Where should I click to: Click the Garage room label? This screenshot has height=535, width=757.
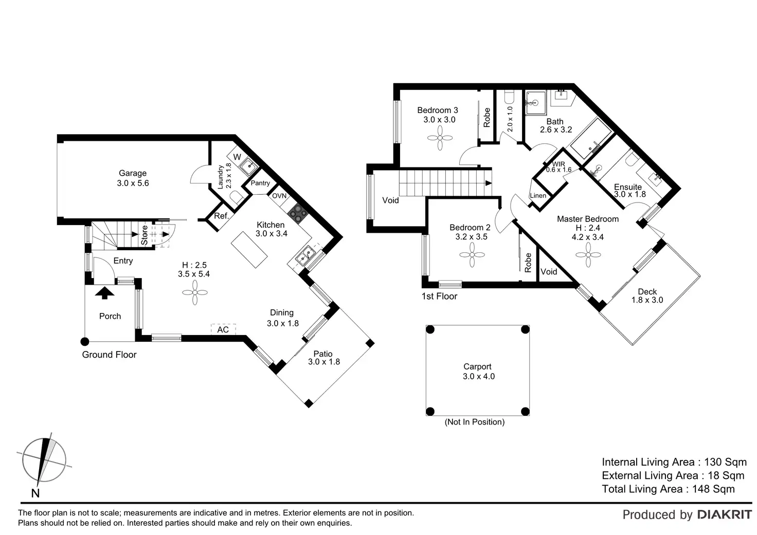(133, 173)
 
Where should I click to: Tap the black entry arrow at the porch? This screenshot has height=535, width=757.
(105, 293)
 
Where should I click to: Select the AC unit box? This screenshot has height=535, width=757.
(223, 329)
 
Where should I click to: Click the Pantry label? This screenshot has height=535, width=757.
(260, 183)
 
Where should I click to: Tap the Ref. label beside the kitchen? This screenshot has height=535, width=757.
(221, 216)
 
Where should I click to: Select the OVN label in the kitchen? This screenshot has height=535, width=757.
(279, 196)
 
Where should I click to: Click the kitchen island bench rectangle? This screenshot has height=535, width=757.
(249, 250)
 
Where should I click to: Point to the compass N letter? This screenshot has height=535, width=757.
(35, 493)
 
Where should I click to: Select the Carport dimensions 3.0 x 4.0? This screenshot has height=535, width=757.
(478, 376)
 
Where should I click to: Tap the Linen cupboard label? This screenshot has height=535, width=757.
(538, 196)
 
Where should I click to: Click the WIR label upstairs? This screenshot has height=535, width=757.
(558, 164)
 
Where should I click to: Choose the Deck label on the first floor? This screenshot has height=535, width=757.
(647, 291)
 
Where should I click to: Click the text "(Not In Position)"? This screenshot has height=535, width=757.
(474, 422)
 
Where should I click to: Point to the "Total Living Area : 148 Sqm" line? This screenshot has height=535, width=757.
(668, 489)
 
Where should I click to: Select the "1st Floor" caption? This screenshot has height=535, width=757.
(439, 296)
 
